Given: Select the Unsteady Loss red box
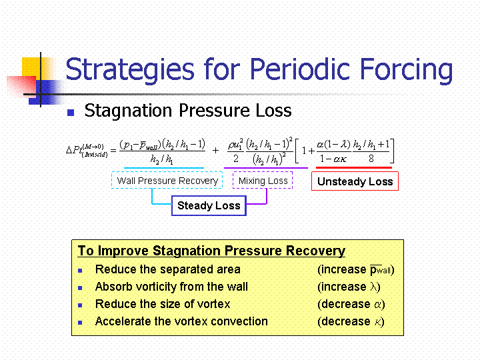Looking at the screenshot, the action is [x=355, y=181].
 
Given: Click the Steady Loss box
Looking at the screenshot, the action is [x=209, y=205].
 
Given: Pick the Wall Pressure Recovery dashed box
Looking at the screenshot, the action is [x=167, y=180].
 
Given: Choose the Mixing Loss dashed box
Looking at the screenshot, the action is [x=263, y=180].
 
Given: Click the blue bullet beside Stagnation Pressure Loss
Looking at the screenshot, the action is [x=71, y=113].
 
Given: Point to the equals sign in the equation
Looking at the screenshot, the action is [x=113, y=150].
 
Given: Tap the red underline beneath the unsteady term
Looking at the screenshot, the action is [x=353, y=167].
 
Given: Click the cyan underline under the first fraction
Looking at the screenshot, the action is [x=164, y=168].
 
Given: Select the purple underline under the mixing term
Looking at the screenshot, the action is [x=266, y=168].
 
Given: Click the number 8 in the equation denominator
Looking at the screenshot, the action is [x=371, y=159].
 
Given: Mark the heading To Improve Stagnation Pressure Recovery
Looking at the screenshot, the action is [x=211, y=251].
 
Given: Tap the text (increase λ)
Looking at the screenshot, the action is [x=349, y=287].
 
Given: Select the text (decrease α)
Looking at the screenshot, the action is [x=351, y=304].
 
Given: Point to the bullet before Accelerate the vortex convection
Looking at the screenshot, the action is [x=80, y=323].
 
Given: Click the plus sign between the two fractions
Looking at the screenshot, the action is [x=215, y=150].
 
